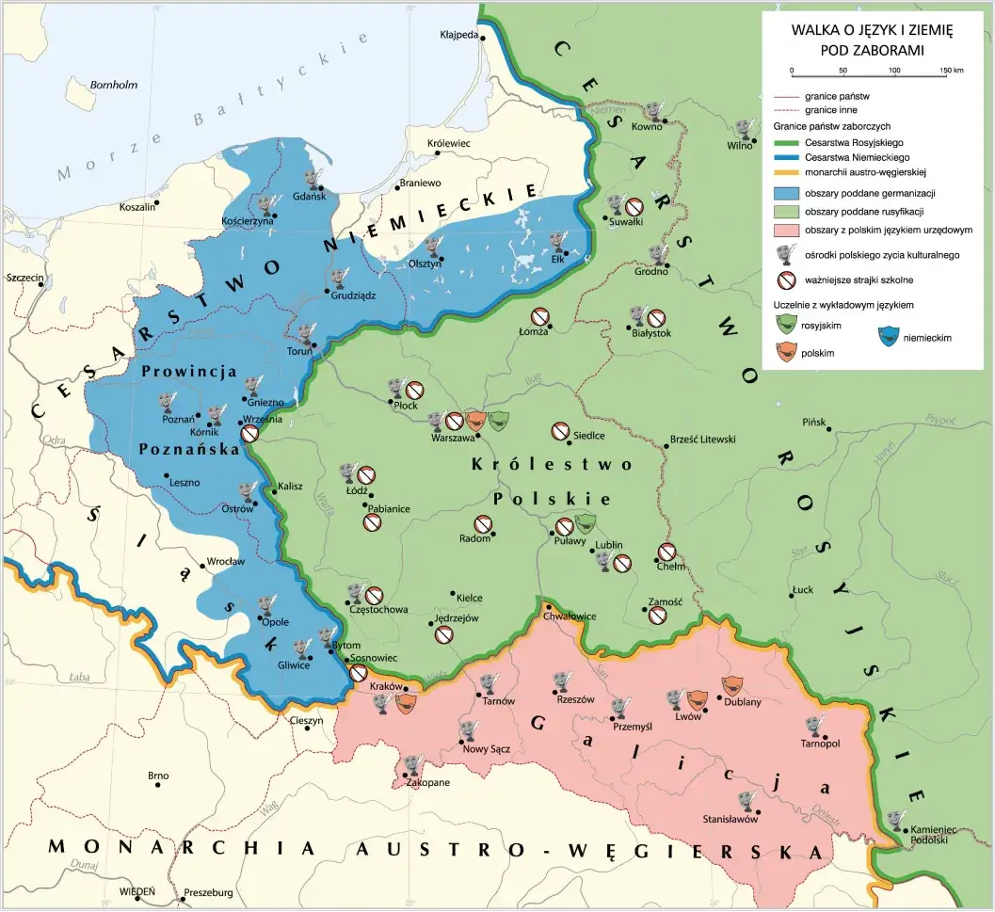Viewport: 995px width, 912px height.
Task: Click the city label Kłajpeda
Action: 458,37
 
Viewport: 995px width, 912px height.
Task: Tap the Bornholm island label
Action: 114,85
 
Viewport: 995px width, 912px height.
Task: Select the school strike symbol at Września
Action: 249,434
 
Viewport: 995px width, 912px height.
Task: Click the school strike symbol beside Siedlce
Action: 560,432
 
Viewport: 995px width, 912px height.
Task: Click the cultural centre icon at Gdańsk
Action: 313,179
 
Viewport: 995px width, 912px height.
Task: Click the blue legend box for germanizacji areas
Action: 786,193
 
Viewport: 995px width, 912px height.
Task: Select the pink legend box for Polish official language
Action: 786,230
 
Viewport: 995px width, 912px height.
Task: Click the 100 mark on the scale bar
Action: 894,71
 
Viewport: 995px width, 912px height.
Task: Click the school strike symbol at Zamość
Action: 658,615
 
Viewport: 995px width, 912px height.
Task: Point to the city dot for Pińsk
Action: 829,430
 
